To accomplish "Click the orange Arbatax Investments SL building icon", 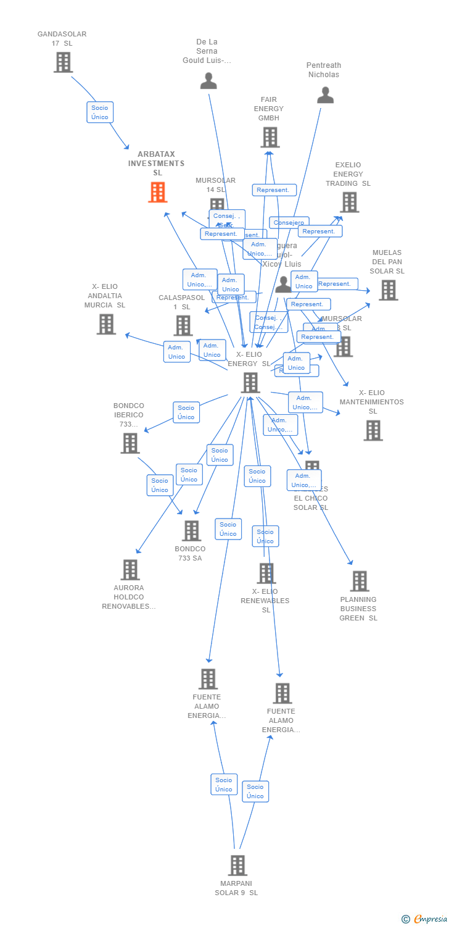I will (x=158, y=193).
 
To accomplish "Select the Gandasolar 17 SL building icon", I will (x=63, y=62).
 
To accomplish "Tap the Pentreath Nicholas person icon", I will (x=325, y=95).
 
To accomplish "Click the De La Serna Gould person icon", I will (x=208, y=81).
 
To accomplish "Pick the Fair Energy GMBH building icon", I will (x=270, y=138).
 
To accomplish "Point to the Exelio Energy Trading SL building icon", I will (x=349, y=202).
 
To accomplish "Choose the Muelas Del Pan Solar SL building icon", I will (x=388, y=290).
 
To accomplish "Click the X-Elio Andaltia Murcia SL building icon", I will (x=106, y=324).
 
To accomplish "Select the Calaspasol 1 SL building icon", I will (x=183, y=325).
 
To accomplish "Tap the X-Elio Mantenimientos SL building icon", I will (x=373, y=430).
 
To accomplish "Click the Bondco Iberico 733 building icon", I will (x=130, y=443).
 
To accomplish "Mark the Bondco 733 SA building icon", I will (x=191, y=531).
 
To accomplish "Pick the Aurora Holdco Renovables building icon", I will (x=130, y=570).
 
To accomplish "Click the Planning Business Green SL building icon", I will (x=359, y=581).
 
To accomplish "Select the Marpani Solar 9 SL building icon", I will (x=237, y=866).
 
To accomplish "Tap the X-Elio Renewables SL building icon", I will (x=266, y=574).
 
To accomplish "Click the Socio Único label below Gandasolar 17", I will (x=100, y=112).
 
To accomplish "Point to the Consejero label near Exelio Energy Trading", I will (x=289, y=223).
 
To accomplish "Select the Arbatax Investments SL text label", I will (x=157, y=164).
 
